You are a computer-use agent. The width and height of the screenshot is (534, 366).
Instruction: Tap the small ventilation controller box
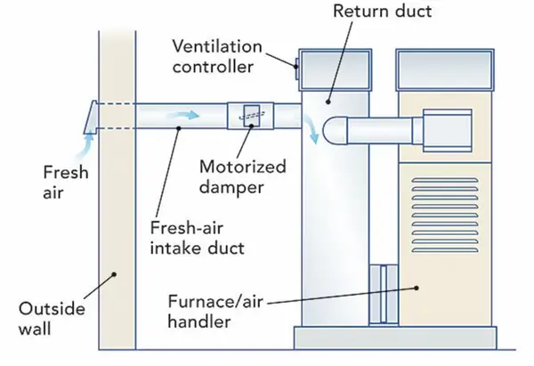(295, 63)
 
